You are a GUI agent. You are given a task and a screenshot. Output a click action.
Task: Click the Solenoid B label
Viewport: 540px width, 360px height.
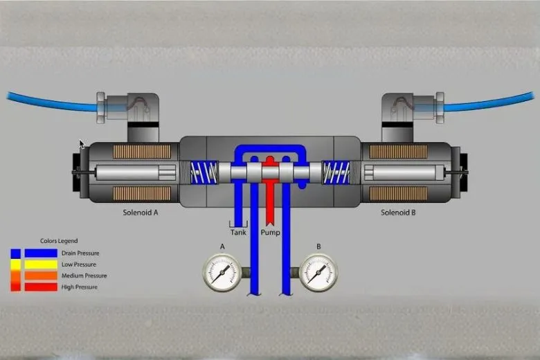click(398, 213)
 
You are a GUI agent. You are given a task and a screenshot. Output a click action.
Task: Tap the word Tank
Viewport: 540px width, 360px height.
click(238, 233)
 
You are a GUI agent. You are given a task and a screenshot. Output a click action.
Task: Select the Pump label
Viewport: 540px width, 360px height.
click(270, 233)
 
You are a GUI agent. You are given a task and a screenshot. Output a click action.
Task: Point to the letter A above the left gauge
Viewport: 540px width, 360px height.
click(222, 246)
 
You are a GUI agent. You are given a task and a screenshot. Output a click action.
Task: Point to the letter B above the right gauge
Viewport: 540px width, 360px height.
click(318, 246)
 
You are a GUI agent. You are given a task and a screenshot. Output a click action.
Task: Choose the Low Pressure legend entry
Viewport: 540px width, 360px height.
click(78, 264)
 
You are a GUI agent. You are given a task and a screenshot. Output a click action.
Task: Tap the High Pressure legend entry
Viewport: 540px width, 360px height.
click(78, 287)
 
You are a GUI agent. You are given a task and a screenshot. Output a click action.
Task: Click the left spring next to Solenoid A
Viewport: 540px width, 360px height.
click(204, 172)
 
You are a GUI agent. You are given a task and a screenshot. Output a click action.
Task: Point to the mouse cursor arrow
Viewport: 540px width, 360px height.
click(82, 145)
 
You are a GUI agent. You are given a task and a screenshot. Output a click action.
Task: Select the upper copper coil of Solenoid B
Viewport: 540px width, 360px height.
click(397, 152)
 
